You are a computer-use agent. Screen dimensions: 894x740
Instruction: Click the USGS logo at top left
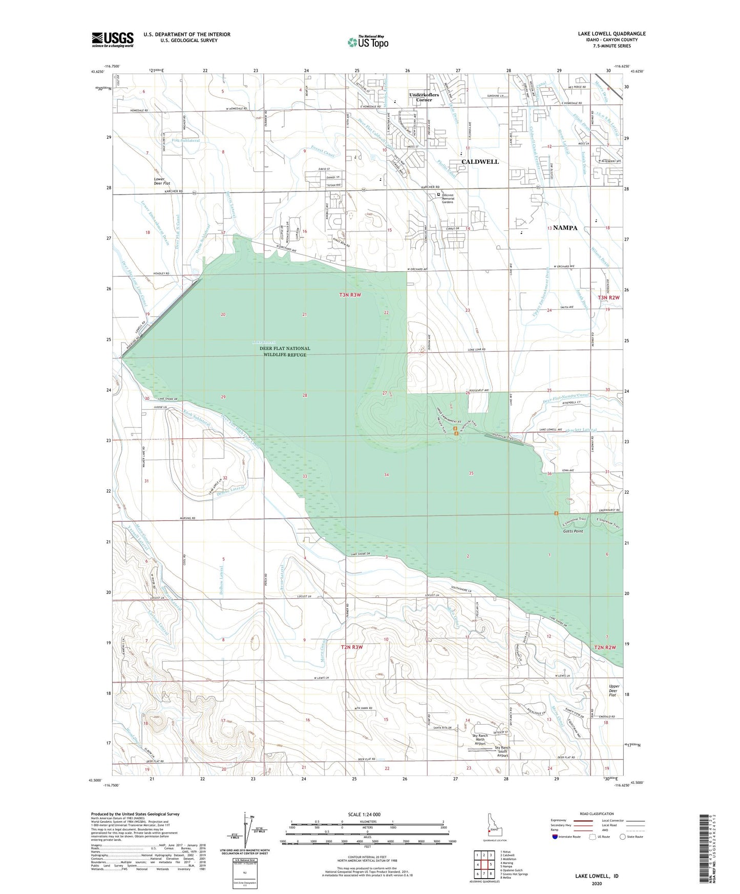pos(113,39)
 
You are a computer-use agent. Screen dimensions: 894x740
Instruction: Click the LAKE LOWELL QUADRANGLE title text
pos(611,34)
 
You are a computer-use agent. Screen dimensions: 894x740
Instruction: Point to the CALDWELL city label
pos(480,162)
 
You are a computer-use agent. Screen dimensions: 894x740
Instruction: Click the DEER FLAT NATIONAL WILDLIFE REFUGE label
pos(285,351)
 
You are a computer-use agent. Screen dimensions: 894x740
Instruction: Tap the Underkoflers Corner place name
pos(424,97)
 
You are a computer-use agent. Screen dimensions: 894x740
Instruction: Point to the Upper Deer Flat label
pos(614,690)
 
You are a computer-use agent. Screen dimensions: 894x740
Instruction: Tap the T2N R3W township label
pos(351,647)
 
